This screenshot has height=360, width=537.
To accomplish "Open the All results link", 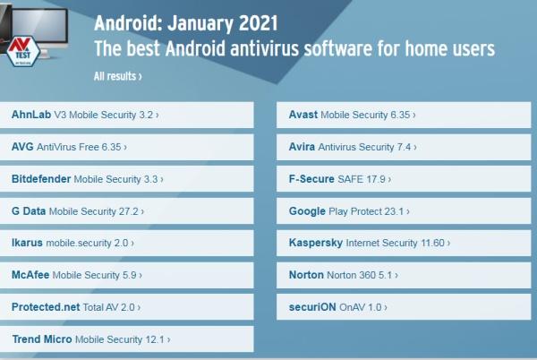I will pyautogui.click(x=117, y=76).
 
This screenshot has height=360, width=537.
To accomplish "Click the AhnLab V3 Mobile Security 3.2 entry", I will pyautogui.click(x=85, y=115).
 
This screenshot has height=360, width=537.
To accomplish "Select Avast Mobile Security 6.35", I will pyautogui.click(x=352, y=115).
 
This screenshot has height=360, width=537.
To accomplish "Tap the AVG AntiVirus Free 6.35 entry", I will pyautogui.click(x=69, y=146).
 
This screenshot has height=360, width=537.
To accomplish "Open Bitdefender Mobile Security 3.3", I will pyautogui.click(x=87, y=178).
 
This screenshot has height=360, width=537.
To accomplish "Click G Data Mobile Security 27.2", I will pyautogui.click(x=78, y=210).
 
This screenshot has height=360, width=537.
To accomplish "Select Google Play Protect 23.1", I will pyautogui.click(x=349, y=210).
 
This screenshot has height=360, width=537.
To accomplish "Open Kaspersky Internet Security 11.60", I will pyautogui.click(x=369, y=243).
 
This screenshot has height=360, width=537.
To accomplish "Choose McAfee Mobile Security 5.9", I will pyautogui.click(x=77, y=275).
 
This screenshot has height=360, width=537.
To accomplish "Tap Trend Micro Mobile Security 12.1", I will pyautogui.click(x=90, y=339).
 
